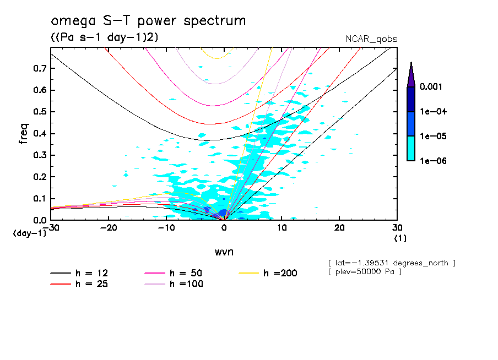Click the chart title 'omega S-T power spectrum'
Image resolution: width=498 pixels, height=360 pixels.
click(x=148, y=21)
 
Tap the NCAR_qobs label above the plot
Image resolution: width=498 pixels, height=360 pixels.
click(x=372, y=39)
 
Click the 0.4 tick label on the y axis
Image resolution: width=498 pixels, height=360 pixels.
click(x=40, y=134)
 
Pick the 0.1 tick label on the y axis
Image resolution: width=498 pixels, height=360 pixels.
click(x=40, y=199)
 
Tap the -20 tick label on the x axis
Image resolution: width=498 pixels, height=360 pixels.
click(x=109, y=228)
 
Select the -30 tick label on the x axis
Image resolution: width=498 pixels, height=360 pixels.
click(x=51, y=228)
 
